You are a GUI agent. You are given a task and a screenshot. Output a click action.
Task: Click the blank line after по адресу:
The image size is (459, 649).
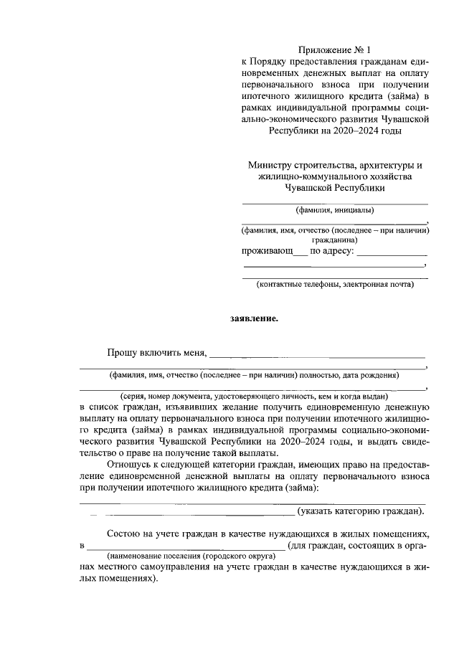[x=392, y=253]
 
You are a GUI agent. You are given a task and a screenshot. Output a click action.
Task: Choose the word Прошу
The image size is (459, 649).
[x=121, y=352]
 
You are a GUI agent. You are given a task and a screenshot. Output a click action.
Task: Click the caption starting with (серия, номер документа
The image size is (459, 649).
[x=254, y=396]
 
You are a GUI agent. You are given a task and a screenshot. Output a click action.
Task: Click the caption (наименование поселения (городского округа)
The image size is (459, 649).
[x=191, y=556]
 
